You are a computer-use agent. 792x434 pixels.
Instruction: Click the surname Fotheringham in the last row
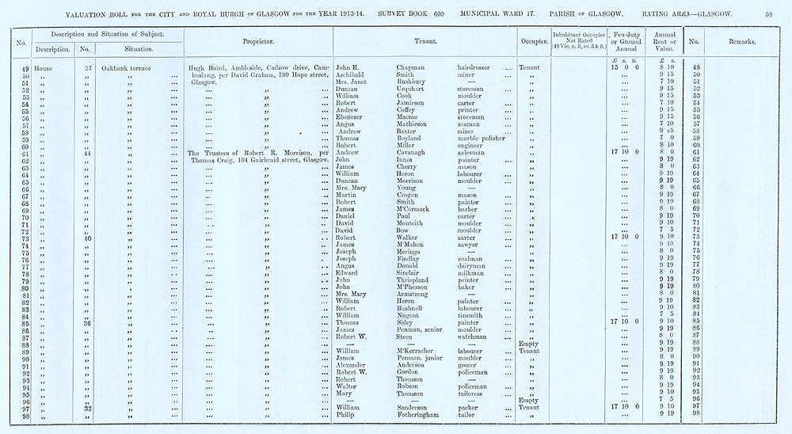[423, 413]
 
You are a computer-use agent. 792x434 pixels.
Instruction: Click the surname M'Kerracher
[418, 350]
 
